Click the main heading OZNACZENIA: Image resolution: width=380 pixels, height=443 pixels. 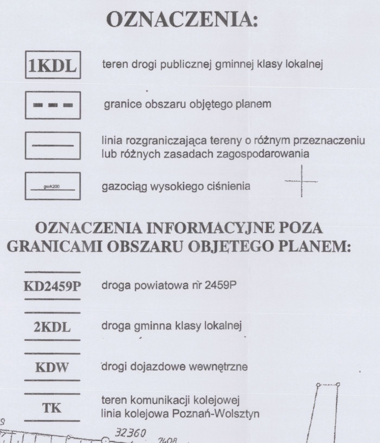tap(181, 19)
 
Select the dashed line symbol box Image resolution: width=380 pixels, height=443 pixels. tap(53, 105)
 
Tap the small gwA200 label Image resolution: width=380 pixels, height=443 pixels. tap(52, 187)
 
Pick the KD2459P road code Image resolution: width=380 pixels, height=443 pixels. tap(53, 287)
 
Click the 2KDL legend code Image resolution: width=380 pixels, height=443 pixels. tap(52, 328)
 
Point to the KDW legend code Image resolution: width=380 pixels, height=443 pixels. tap(52, 368)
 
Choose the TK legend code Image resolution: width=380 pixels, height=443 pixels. tap(52, 408)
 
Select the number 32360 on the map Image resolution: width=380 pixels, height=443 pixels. tap(131, 433)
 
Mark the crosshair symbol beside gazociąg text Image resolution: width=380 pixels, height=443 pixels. tap(302, 181)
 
